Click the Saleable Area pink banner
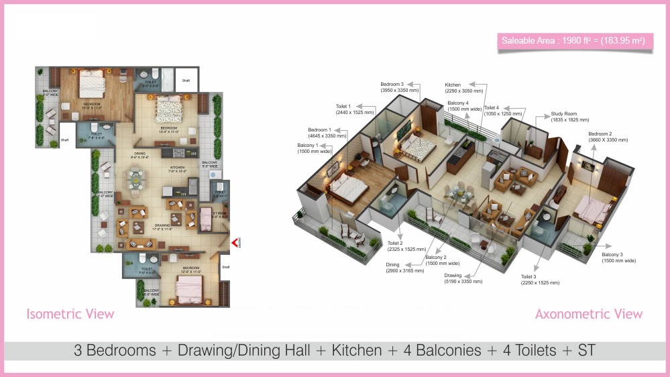[x=573, y=42]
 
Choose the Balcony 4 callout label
[x=463, y=106]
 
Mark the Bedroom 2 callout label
[x=608, y=137]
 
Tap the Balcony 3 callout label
[x=618, y=257]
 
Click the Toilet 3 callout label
[x=540, y=279]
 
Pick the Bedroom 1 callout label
[x=327, y=132]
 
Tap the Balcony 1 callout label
[x=315, y=148]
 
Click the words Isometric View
[x=70, y=314]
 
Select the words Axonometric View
[x=588, y=314]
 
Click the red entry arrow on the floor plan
[x=235, y=243]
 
